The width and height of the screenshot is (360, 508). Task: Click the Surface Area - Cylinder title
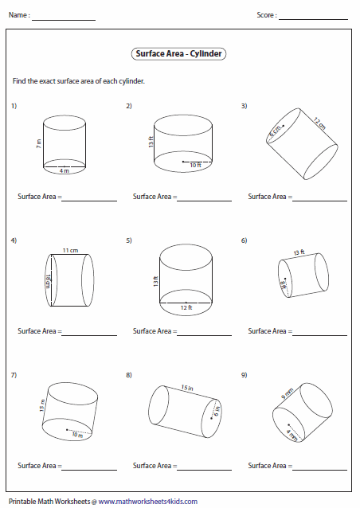(x=178, y=54)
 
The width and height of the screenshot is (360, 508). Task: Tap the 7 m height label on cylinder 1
(x=39, y=143)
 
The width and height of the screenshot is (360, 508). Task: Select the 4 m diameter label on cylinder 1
(x=65, y=170)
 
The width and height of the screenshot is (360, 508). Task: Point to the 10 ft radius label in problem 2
(x=195, y=166)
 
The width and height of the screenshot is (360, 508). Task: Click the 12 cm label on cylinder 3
(x=319, y=123)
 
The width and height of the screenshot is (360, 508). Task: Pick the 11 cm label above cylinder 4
(x=70, y=251)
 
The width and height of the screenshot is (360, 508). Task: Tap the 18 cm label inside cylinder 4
(x=47, y=280)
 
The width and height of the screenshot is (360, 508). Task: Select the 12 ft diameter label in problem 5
(x=186, y=307)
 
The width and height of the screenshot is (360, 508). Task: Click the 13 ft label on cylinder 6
(x=299, y=252)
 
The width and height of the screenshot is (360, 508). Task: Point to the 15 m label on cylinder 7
(x=42, y=405)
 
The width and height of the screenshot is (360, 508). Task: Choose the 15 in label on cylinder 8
(x=187, y=387)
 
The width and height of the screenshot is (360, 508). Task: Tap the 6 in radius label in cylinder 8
(x=217, y=411)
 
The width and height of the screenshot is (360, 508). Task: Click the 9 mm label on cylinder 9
(x=287, y=393)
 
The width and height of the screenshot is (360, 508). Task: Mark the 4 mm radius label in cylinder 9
(x=292, y=435)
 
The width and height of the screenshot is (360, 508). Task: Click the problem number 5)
(x=129, y=240)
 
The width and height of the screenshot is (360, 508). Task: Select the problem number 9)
(x=244, y=375)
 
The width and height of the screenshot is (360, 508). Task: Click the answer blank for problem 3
(x=319, y=201)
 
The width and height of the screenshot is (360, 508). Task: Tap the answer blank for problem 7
(x=89, y=470)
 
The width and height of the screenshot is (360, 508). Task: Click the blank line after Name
(x=64, y=20)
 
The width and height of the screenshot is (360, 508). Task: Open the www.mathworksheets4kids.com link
(x=148, y=502)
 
